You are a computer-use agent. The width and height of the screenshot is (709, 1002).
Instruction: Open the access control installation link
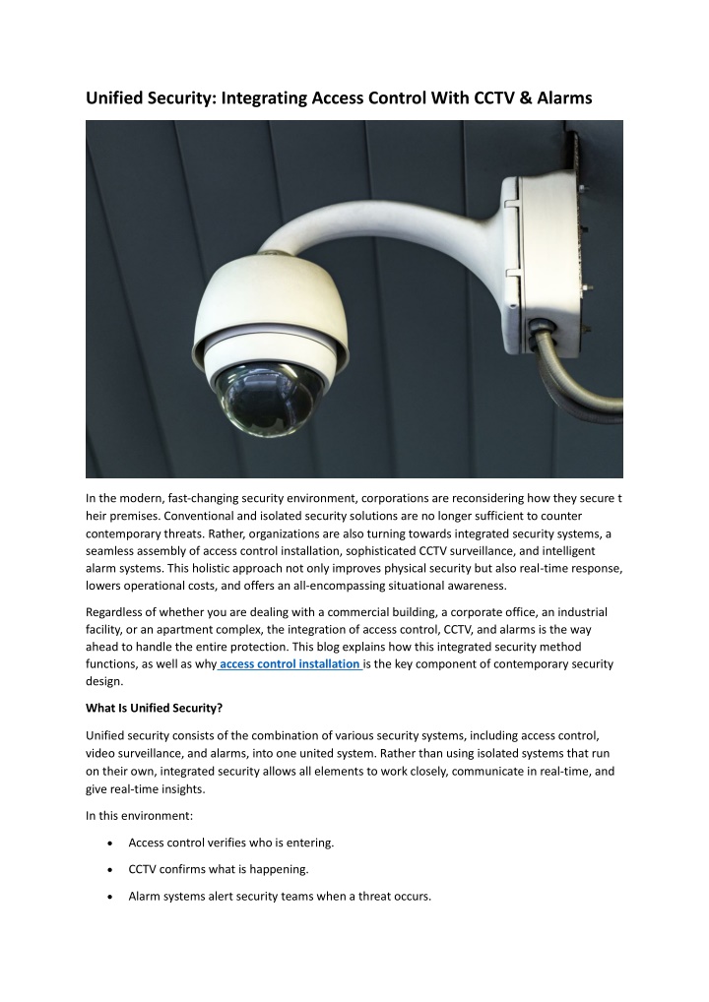coord(290,663)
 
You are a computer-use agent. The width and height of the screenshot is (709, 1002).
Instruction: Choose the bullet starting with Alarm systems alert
coord(280,896)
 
